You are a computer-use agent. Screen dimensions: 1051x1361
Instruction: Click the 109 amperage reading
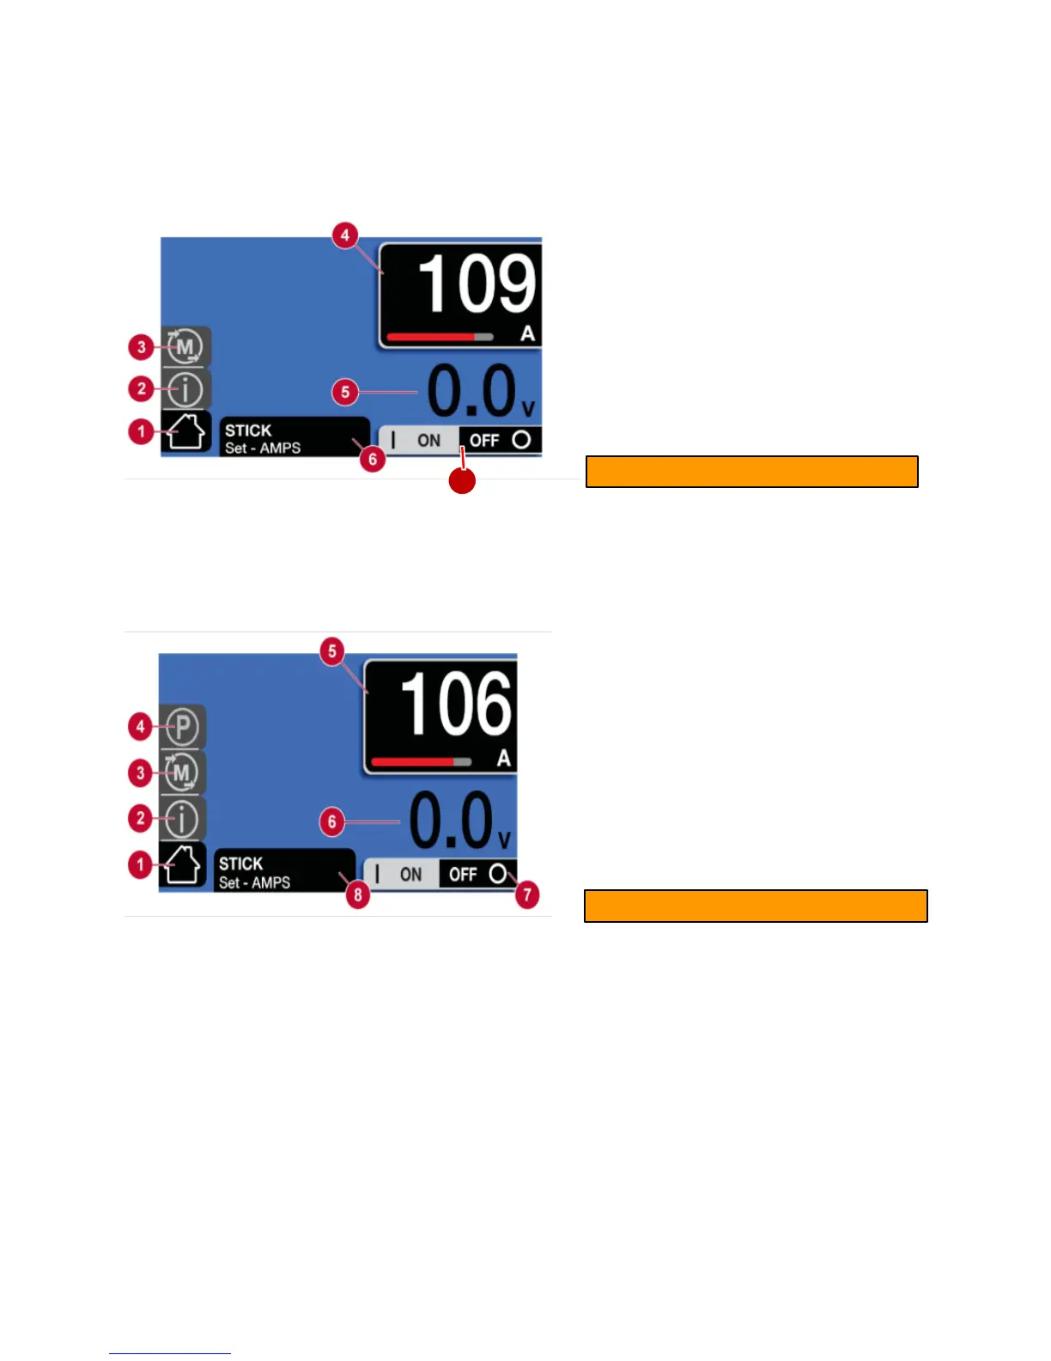pos(477,284)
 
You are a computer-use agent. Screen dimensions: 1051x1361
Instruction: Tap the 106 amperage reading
pos(456,705)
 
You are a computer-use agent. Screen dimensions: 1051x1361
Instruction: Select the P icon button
pos(182,727)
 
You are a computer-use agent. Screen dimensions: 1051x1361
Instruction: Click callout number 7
pos(527,895)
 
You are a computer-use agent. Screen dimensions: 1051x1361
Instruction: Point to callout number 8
pos(358,895)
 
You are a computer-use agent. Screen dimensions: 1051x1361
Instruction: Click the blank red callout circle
pos(462,481)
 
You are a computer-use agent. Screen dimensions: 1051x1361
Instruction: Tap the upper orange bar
pos(751,472)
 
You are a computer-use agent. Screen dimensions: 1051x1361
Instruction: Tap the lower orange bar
pos(756,906)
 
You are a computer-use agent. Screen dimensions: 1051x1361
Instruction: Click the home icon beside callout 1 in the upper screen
pos(185,431)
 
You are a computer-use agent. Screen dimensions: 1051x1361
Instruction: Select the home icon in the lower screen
pos(183,864)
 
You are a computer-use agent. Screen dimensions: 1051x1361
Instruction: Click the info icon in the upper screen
pos(185,389)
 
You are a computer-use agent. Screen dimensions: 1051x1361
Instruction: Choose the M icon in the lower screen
pos(182,772)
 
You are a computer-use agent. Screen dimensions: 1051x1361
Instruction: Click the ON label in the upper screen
pos(428,441)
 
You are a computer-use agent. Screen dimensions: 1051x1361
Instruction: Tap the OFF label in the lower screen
pos(463,875)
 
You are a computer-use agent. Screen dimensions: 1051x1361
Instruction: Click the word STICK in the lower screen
pos(240,864)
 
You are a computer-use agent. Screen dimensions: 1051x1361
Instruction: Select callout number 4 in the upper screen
pos(344,235)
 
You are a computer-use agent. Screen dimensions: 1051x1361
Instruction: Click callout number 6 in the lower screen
pos(332,821)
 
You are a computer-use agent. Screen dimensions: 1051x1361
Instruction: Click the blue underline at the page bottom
pos(170,1353)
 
